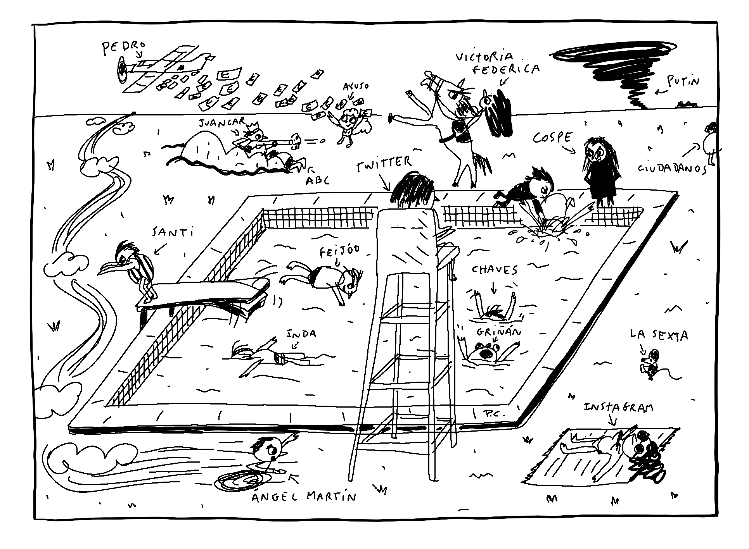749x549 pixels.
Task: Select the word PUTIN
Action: tap(683, 82)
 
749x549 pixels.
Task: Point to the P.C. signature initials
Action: tap(495, 414)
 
